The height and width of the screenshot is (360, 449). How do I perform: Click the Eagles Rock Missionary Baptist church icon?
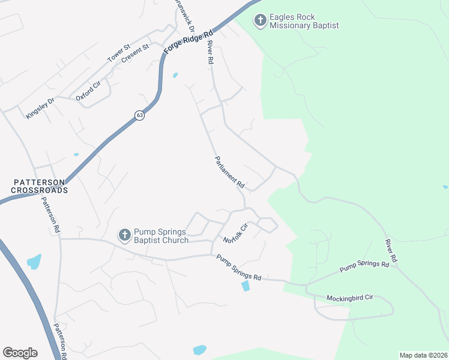pyautogui.click(x=260, y=21)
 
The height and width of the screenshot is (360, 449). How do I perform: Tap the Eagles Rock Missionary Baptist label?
pyautogui.click(x=304, y=22)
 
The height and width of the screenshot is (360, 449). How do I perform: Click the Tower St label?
pyautogui.click(x=118, y=53)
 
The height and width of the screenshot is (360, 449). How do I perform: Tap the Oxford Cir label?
pyautogui.click(x=88, y=93)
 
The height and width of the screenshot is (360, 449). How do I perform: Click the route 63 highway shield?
pyautogui.click(x=139, y=115)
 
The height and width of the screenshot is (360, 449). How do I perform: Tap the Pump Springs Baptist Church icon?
pyautogui.click(x=124, y=235)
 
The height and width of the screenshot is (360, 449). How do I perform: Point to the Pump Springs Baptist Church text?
pyautogui.click(x=161, y=236)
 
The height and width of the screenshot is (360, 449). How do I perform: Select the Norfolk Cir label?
pyautogui.click(x=236, y=233)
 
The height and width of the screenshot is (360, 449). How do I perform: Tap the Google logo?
pyautogui.click(x=20, y=353)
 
